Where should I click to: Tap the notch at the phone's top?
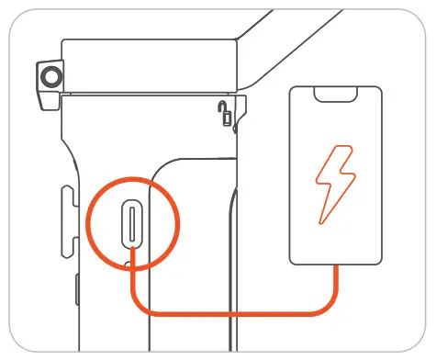coord(334,96)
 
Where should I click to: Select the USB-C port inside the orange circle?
coord(134,224)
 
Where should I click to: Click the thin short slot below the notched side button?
coord(76,295)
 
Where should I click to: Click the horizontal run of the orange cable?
coord(239,312)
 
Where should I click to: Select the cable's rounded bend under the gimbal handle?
coord(142,303)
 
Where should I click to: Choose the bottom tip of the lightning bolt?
coord(321,223)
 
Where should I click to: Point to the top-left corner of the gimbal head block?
coord(62,41)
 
